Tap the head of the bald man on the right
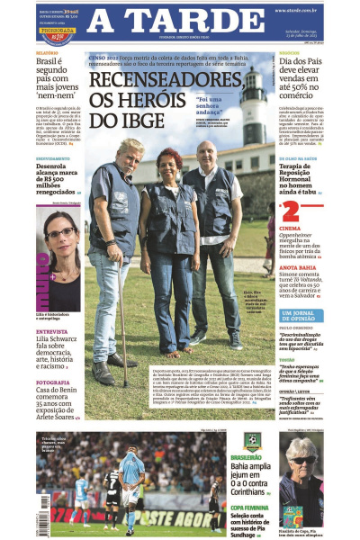coord(206,153)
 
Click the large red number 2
coord(290,211)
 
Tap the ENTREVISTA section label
coord(51,331)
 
